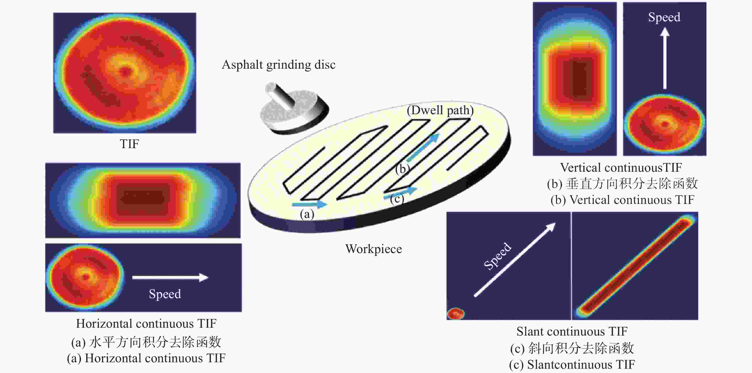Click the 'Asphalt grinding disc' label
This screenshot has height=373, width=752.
pyautogui.click(x=279, y=65)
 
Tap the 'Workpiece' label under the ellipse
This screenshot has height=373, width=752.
pyautogui.click(x=374, y=249)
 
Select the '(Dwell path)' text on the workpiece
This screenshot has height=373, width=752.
pyautogui.click(x=440, y=110)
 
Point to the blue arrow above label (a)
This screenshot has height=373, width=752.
pyautogui.click(x=309, y=204)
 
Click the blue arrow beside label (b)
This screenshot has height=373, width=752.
pyautogui.click(x=423, y=148)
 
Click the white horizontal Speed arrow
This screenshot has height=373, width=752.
pyautogui.click(x=170, y=277)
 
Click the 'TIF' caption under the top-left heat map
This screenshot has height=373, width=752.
pyautogui.click(x=129, y=144)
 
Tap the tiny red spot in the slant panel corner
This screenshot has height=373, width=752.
pyautogui.click(x=456, y=314)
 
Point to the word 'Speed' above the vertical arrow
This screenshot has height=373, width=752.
pyautogui.click(x=664, y=17)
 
